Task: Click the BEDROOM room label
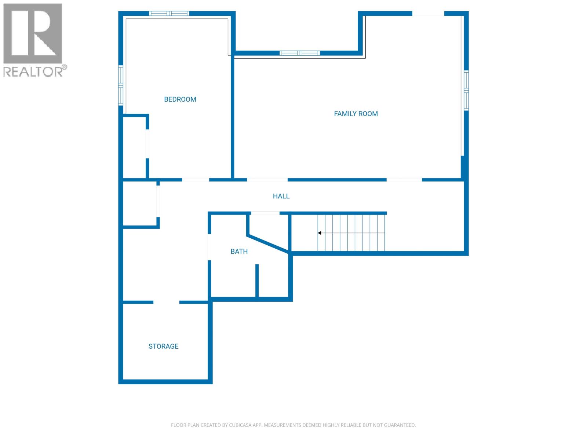180,99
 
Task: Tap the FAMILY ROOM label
356,114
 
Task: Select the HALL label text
281,196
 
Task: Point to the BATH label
239,252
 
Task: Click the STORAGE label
163,346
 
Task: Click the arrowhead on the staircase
320,233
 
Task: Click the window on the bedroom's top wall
169,14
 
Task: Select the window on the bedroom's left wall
120,85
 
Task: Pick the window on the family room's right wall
466,90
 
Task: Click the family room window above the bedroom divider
299,53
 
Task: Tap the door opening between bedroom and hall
196,180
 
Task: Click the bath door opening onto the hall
265,213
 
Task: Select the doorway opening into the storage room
166,302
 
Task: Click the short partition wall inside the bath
257,280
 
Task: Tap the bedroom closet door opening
147,144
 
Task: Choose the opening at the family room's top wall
428,14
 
